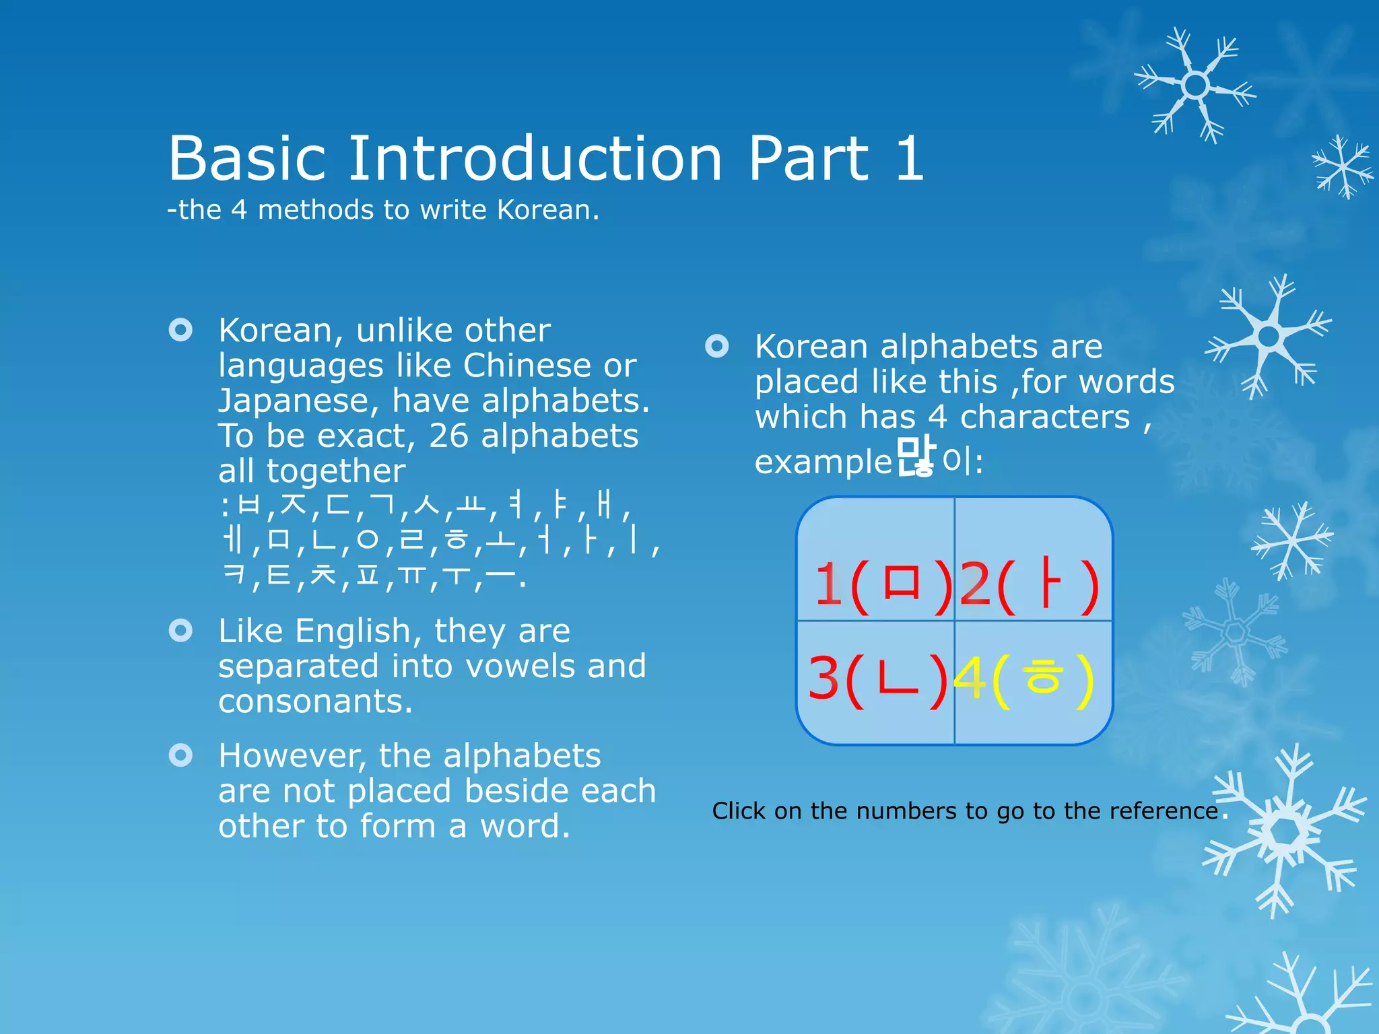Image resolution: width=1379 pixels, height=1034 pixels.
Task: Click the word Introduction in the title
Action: [535, 159]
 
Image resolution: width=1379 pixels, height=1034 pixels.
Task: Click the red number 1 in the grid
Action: [828, 584]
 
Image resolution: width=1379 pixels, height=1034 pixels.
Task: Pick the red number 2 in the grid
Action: [974, 584]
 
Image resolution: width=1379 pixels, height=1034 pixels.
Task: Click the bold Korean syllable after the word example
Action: [916, 456]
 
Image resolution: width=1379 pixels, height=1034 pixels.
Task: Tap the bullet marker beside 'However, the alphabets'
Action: [180, 755]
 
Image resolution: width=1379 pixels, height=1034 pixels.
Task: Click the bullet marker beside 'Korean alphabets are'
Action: [716, 346]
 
